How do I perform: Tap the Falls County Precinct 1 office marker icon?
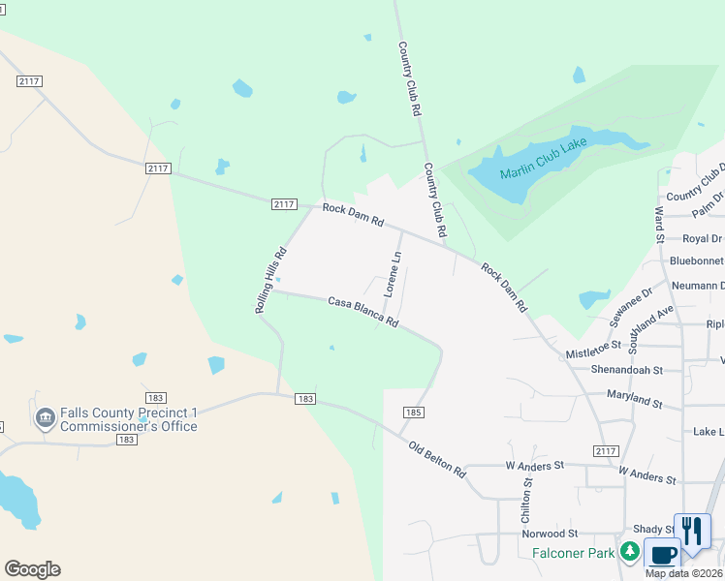click(x=45, y=418)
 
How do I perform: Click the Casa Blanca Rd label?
click(x=363, y=312)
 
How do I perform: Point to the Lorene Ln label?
click(x=393, y=274)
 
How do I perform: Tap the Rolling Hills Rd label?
click(x=271, y=281)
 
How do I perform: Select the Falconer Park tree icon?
click(x=630, y=552)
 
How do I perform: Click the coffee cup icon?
click(x=663, y=555)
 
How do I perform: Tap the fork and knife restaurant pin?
click(x=692, y=531)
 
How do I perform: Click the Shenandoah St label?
click(x=626, y=370)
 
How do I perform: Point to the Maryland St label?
click(x=634, y=398)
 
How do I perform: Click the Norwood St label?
click(x=550, y=534)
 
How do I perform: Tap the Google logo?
click(x=32, y=569)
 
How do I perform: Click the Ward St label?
click(x=659, y=225)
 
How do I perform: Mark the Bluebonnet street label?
click(x=697, y=261)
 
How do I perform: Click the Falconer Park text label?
click(x=574, y=553)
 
